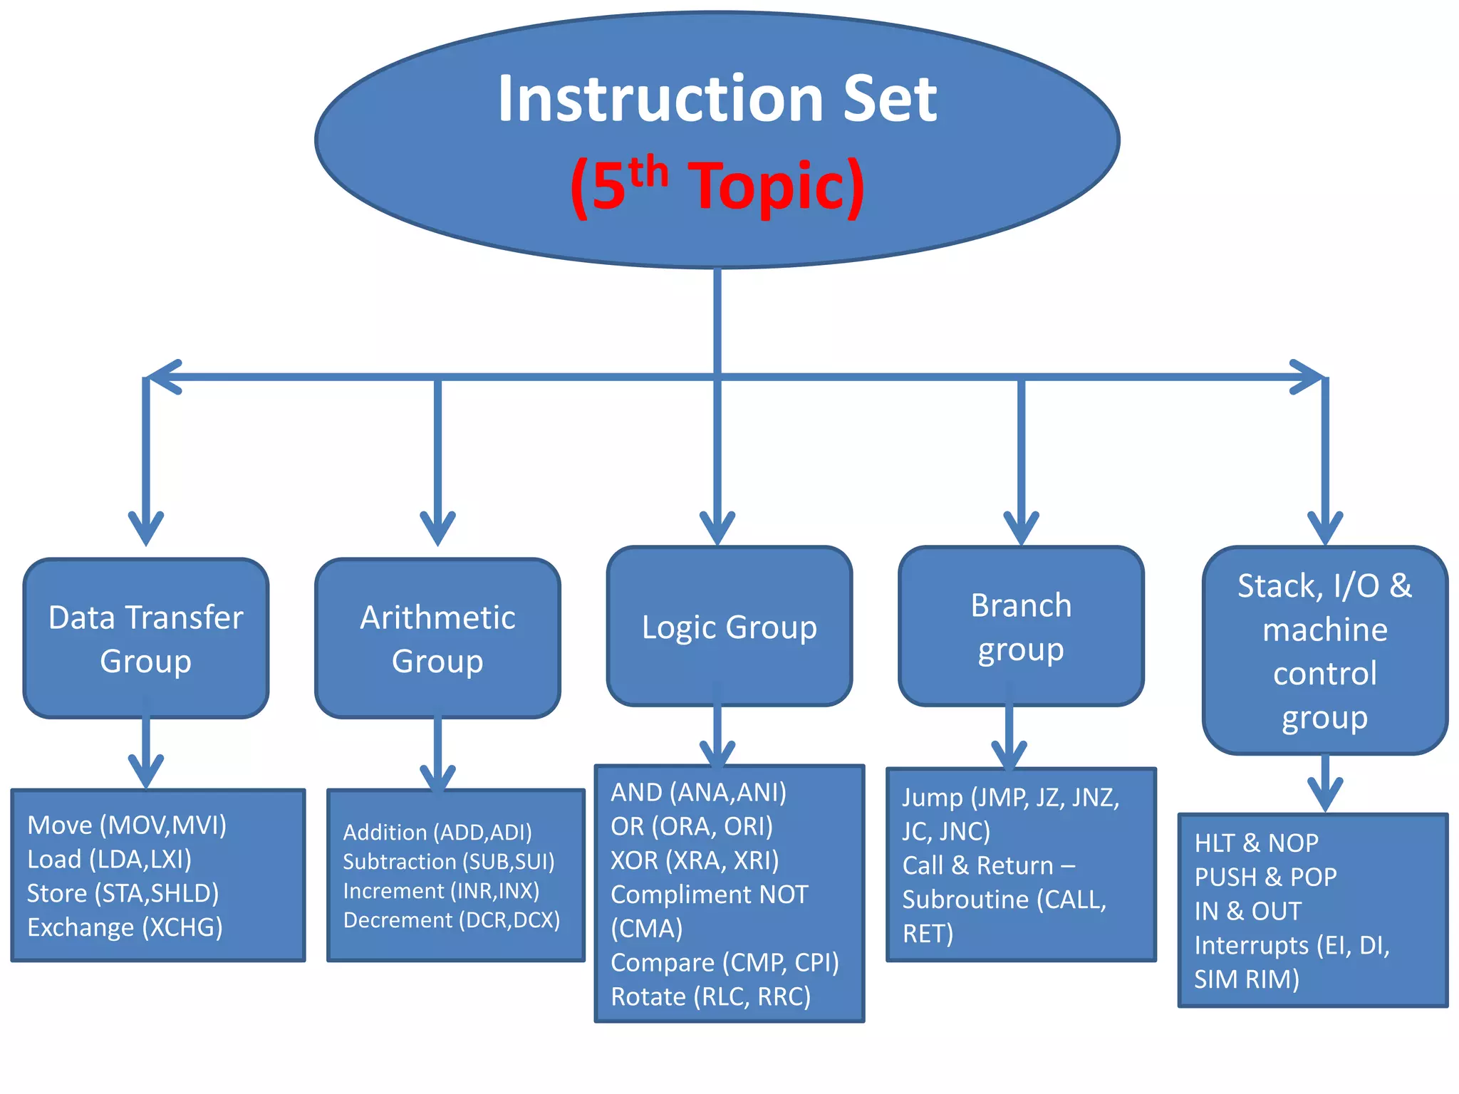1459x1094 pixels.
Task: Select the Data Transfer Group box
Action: coord(146,638)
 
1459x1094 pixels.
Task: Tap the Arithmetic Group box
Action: coord(437,638)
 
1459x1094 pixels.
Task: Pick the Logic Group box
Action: coord(729,627)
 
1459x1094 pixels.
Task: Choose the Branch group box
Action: coord(1021,627)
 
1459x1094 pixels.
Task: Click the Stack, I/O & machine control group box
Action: coord(1324,650)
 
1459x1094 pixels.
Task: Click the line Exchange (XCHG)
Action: coord(125,927)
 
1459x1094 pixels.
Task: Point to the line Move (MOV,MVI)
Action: coord(127,825)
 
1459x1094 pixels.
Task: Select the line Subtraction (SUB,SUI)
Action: coord(448,862)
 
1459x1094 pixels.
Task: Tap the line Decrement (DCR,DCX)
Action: coord(451,920)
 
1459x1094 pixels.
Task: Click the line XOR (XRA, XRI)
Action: coord(694,860)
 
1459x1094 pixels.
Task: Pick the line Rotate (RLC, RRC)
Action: coord(710,996)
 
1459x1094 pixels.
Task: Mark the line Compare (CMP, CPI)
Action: coord(724,962)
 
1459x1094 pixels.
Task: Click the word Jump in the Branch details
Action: coord(932,797)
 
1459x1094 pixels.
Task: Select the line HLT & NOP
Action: coord(1256,843)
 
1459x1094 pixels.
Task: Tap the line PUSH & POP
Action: coord(1265,877)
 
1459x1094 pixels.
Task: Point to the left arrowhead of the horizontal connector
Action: coord(160,377)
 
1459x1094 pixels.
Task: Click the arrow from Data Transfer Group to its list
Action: coord(146,755)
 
